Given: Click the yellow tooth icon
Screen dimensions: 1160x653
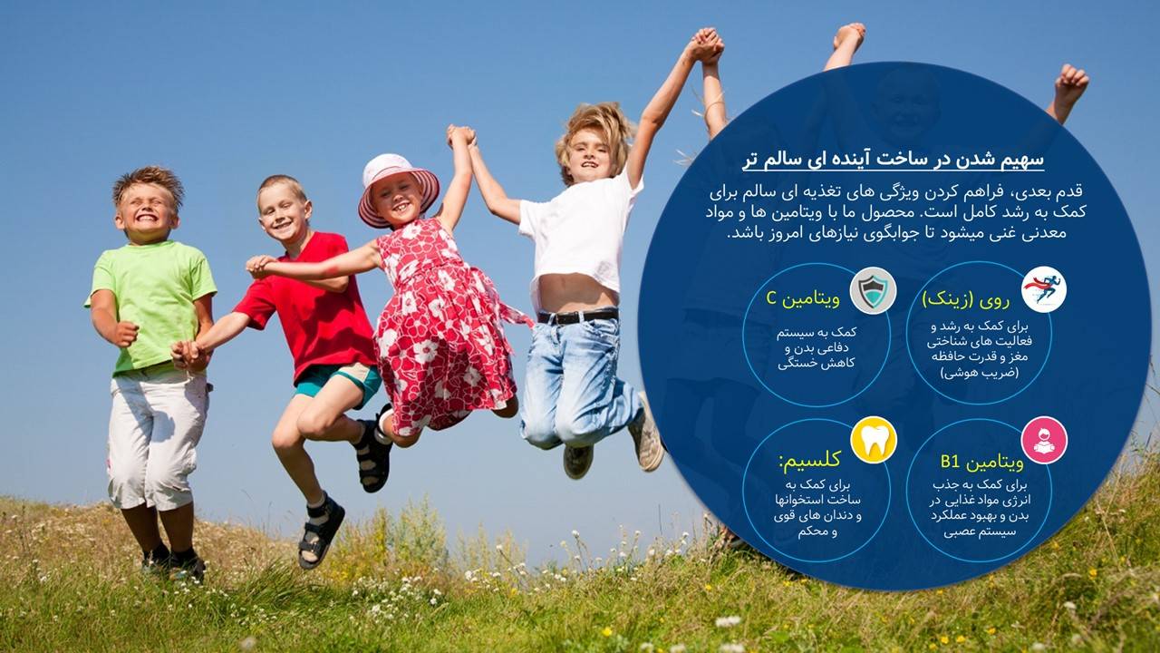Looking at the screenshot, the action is pos(873,440).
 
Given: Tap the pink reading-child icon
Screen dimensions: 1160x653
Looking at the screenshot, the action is pos(1044,440).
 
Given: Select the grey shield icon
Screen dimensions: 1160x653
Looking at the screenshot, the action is pos(873,290).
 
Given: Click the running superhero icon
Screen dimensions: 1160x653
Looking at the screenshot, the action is pos(1044,289).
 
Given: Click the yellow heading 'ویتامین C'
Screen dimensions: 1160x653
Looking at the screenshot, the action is pos(803,298).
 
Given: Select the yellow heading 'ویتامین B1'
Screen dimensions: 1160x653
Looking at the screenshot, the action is pos(981,462).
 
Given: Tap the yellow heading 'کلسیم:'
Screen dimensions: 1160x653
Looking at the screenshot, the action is pos(810,460).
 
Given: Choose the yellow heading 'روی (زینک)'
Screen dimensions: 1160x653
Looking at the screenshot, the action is pos(966,299).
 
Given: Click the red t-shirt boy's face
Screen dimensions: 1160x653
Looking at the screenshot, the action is pos(284,212).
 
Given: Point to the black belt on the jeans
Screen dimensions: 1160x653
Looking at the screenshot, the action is pos(577,316).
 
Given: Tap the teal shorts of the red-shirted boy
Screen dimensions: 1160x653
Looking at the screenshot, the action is pos(342,381).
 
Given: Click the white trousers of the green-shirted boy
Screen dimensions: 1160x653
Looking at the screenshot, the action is pos(155,441).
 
